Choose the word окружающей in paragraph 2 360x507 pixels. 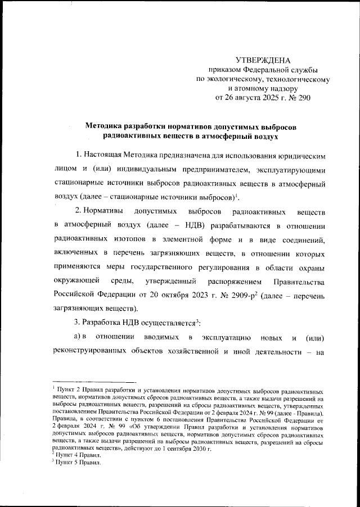click(x=77, y=280)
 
